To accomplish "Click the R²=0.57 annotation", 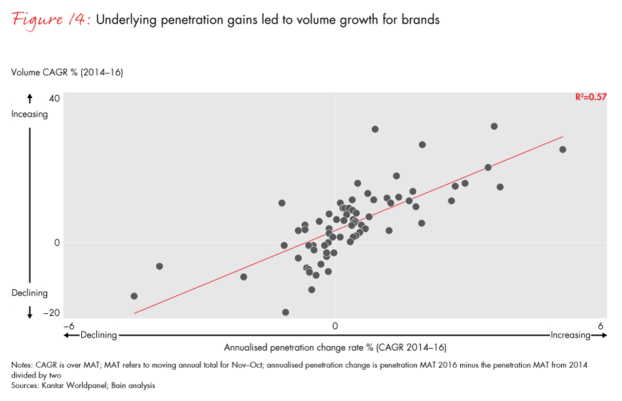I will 591,97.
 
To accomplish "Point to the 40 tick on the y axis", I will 53,99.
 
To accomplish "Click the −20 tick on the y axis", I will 50,313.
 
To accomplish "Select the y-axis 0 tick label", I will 56,243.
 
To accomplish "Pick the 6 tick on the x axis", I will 600,325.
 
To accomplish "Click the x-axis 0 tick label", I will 335,325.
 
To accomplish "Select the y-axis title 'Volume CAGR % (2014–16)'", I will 67,73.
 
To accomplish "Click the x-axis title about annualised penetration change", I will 335,347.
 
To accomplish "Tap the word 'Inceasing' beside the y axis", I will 29,114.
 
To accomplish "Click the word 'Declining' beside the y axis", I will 29,293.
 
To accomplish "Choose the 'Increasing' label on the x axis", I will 570,335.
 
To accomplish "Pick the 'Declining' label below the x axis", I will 98,335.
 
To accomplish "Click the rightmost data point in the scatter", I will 562,150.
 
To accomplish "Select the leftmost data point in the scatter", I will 134,296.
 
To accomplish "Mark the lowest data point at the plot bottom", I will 285,313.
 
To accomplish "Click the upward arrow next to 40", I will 29,99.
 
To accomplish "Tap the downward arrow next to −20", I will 29,313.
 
